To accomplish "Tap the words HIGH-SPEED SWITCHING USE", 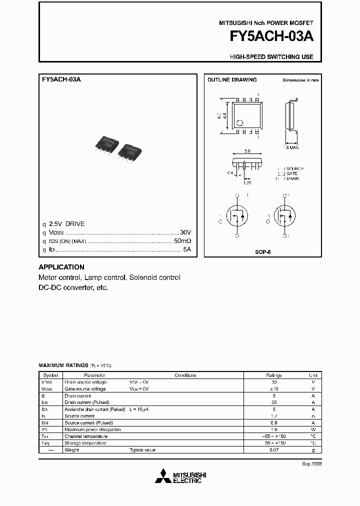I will pyautogui.click(x=271, y=57).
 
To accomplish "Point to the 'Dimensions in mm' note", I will pyautogui.click(x=300, y=80).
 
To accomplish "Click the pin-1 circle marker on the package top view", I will pyautogui.click(x=239, y=122).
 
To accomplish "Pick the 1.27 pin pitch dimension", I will pyautogui.click(x=247, y=183).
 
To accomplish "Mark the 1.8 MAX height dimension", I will pyautogui.click(x=291, y=147).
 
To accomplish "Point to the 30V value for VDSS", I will pyautogui.click(x=185, y=232).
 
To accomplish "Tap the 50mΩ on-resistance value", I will pyautogui.click(x=182, y=241).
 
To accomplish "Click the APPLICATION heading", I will pyautogui.click(x=61, y=267).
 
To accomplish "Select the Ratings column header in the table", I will pyautogui.click(x=274, y=375).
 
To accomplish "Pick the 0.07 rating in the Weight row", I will pyautogui.click(x=274, y=450).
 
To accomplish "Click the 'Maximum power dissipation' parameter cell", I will pyautogui.click(x=92, y=429).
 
